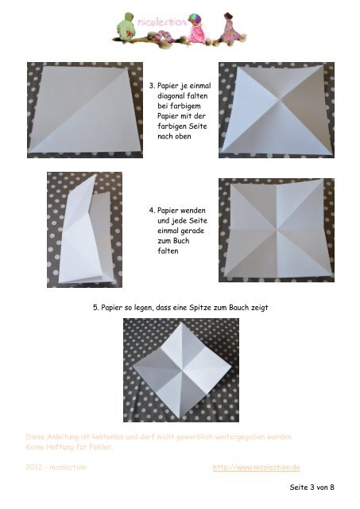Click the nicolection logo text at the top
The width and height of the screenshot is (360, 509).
[162, 22]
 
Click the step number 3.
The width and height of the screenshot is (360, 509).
[152, 86]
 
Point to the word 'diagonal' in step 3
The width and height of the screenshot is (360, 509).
[171, 95]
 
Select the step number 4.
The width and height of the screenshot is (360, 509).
[152, 210]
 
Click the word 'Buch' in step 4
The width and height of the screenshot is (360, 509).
[181, 240]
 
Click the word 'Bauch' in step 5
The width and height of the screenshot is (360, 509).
[239, 307]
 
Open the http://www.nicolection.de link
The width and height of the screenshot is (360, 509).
[256, 467]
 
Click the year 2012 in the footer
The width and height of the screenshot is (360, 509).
[33, 467]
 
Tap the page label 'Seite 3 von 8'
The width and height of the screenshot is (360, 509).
[312, 487]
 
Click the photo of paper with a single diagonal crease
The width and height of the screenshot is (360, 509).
[85, 110]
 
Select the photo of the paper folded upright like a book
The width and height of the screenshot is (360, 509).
[85, 230]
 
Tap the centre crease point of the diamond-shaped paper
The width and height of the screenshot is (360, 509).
[182, 370]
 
